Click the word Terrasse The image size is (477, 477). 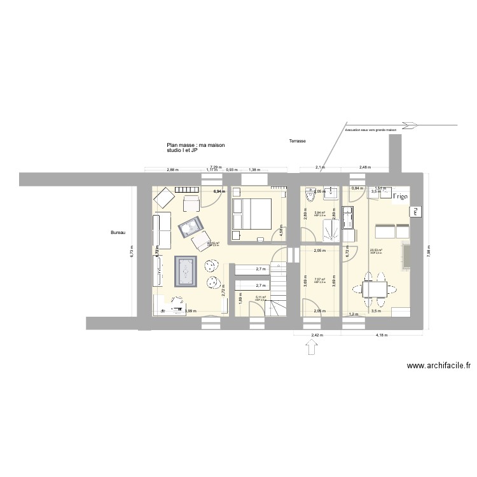click(297, 141)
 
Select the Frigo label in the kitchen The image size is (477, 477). click(400, 197)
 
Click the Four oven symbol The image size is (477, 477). click(415, 211)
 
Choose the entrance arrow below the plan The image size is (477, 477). click(312, 349)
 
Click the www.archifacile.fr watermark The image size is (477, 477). click(439, 366)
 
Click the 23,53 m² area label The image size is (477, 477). click(375, 251)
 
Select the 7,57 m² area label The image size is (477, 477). click(320, 279)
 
